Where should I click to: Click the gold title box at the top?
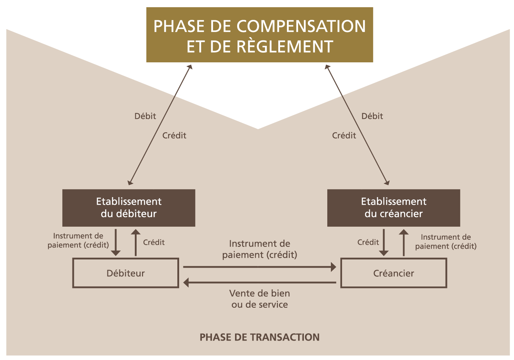point(260,35)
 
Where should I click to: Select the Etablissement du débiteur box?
point(129,208)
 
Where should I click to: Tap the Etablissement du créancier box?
point(394,208)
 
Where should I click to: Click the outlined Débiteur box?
point(125,273)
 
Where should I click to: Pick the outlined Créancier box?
point(394,273)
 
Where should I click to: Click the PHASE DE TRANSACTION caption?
point(260,337)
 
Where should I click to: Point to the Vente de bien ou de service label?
point(260,299)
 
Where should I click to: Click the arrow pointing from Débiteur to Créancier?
point(260,267)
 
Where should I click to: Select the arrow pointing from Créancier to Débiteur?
point(260,283)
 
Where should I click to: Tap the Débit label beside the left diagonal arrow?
point(145,116)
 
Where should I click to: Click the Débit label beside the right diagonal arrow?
point(372,116)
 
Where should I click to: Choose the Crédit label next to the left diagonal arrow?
point(174,135)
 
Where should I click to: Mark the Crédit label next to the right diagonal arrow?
point(344,135)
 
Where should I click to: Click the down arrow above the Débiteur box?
point(116,242)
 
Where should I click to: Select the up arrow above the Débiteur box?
point(136,242)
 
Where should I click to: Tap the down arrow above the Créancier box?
point(384,242)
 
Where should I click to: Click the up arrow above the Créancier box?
point(404,242)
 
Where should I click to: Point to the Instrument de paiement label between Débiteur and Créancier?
point(260,249)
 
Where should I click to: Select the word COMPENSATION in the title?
point(301,26)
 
